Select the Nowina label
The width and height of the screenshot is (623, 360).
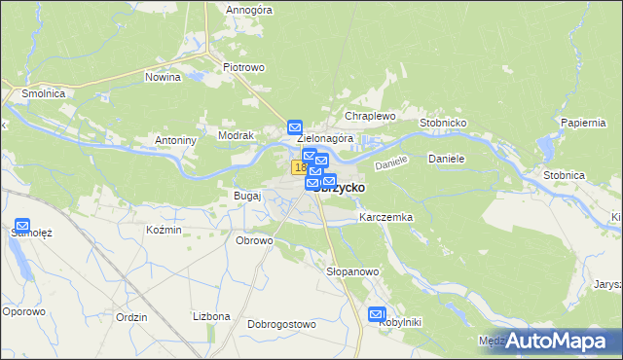click(x=164, y=76)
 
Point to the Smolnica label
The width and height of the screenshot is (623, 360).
click(x=37, y=94)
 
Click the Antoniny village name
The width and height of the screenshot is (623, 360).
click(x=176, y=140)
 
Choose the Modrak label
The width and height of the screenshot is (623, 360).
click(x=237, y=135)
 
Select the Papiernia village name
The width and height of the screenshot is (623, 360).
click(x=584, y=123)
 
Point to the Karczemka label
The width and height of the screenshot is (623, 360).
click(x=386, y=217)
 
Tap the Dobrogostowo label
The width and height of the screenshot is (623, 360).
click(x=282, y=324)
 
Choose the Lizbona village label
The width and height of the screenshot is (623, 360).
click(x=211, y=316)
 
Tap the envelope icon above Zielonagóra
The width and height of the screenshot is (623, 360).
click(x=295, y=126)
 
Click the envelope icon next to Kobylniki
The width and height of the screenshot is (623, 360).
click(x=378, y=313)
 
